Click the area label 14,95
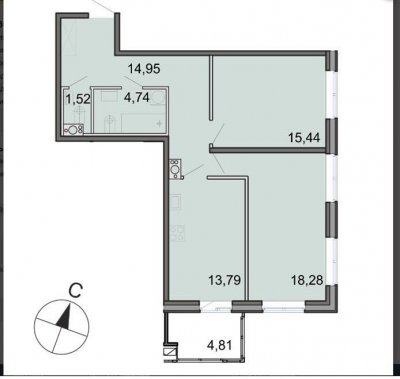coord(144,69)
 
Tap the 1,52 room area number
coord(77,99)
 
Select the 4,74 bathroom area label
coord(136,98)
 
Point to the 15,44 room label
coord(304,137)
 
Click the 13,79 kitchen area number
coord(224,280)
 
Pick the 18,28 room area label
coord(307,280)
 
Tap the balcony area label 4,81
coord(219,345)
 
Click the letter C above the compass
coord(75,291)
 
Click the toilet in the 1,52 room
coord(79,116)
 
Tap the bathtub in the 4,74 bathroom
coord(144,123)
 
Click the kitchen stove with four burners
coord(177,233)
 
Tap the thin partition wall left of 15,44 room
coord(211,87)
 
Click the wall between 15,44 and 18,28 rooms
coord(268,150)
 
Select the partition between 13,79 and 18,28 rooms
coord(247,238)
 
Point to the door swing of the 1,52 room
coord(76,81)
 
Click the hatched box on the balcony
coord(171,351)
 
